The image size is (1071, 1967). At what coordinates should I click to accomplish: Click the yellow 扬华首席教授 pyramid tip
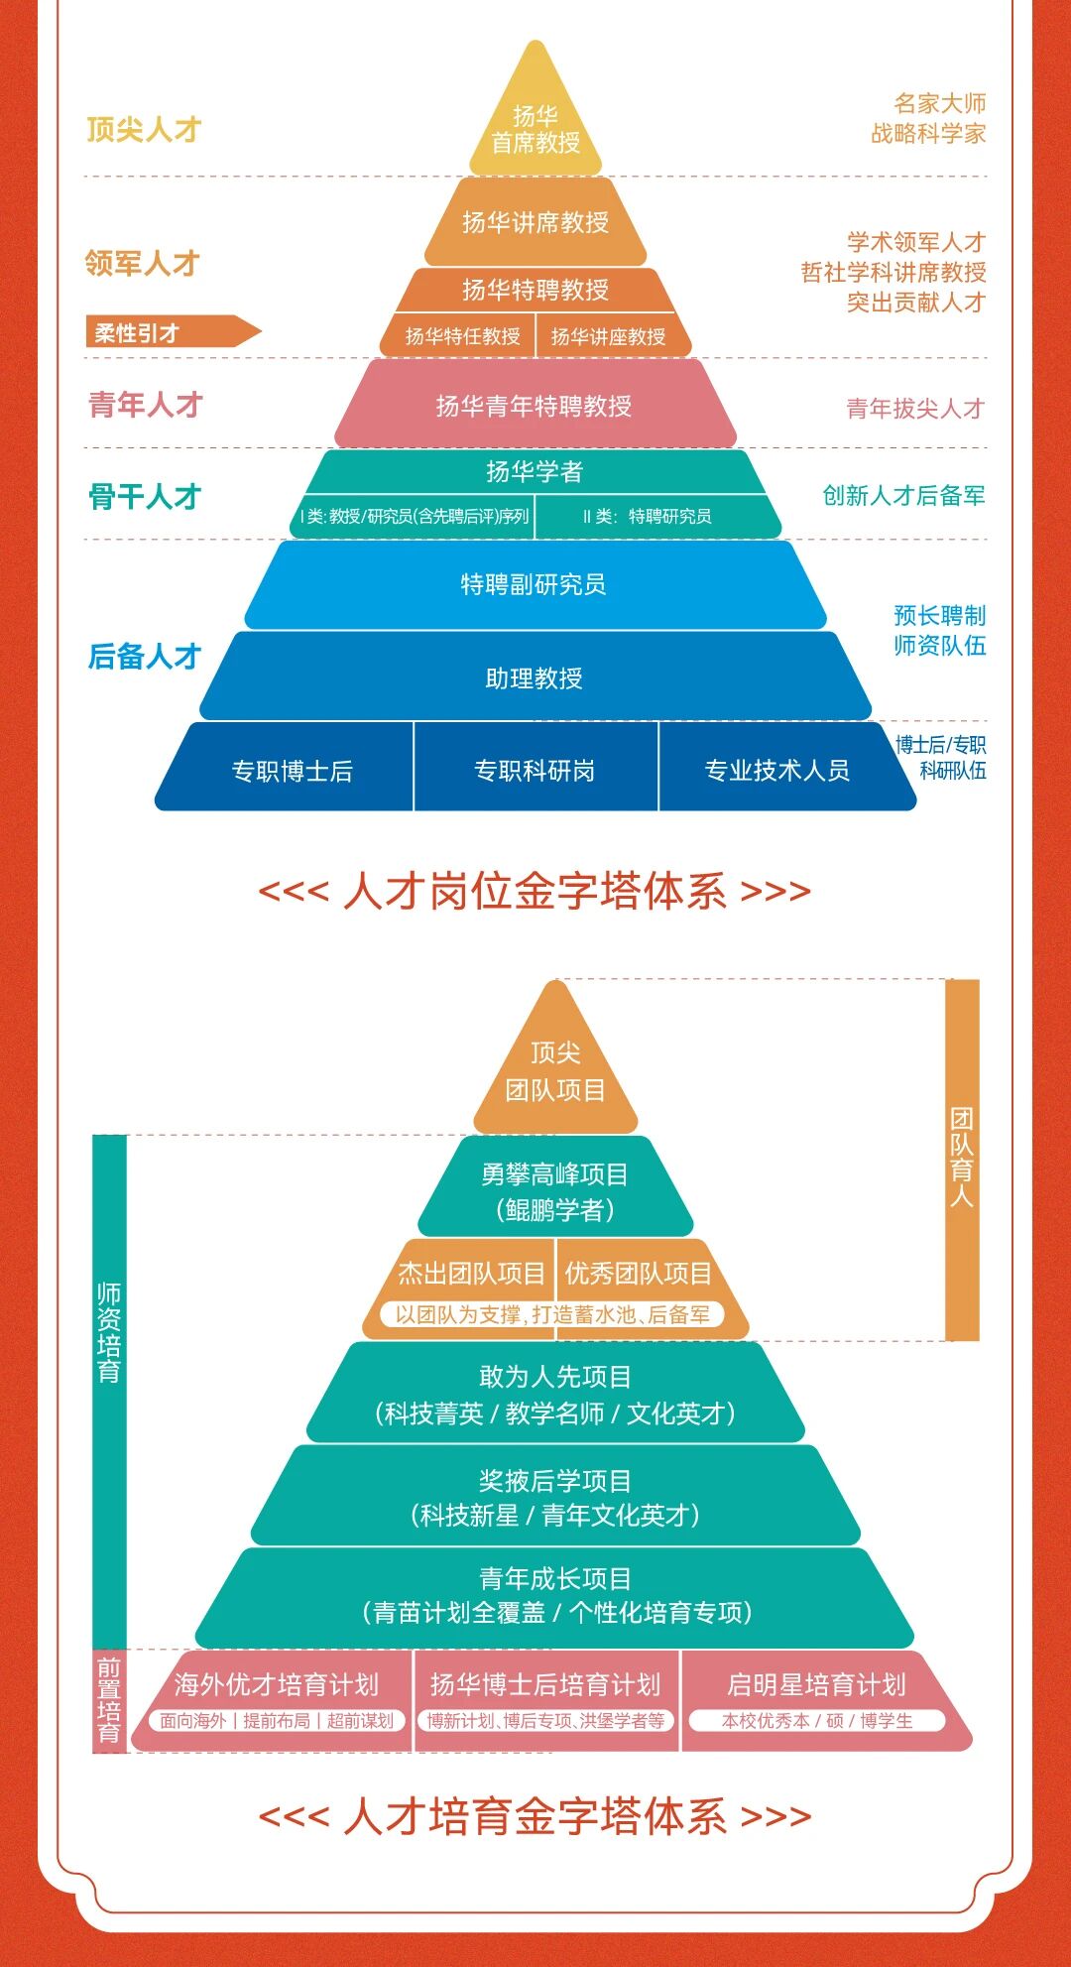[x=535, y=127]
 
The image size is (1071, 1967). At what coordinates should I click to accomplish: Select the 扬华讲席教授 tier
[x=535, y=222]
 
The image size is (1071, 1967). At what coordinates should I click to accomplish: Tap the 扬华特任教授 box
[x=462, y=336]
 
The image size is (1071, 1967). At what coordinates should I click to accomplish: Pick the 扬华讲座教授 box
[x=608, y=336]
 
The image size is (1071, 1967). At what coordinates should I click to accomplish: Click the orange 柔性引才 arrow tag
[x=169, y=332]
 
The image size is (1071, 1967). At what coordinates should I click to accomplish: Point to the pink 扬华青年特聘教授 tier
[x=535, y=405]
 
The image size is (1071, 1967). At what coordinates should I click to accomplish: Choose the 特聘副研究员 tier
[x=535, y=584]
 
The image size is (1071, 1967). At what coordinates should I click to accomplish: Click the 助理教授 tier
[x=535, y=677]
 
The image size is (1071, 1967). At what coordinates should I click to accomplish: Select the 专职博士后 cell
[x=292, y=771]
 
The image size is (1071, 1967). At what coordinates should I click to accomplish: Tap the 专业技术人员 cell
[x=777, y=771]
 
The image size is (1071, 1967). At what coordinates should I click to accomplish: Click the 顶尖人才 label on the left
[x=144, y=129]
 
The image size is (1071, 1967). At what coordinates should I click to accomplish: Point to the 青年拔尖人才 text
[x=914, y=408]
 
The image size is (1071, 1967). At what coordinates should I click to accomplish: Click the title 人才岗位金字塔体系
[x=535, y=891]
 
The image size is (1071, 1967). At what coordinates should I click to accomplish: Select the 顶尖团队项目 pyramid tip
[x=555, y=1071]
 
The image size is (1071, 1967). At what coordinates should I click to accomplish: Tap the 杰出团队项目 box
[x=471, y=1273]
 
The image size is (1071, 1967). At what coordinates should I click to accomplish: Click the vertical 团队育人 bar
[x=962, y=1159]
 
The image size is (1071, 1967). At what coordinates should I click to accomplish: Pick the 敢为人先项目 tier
[x=555, y=1394]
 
